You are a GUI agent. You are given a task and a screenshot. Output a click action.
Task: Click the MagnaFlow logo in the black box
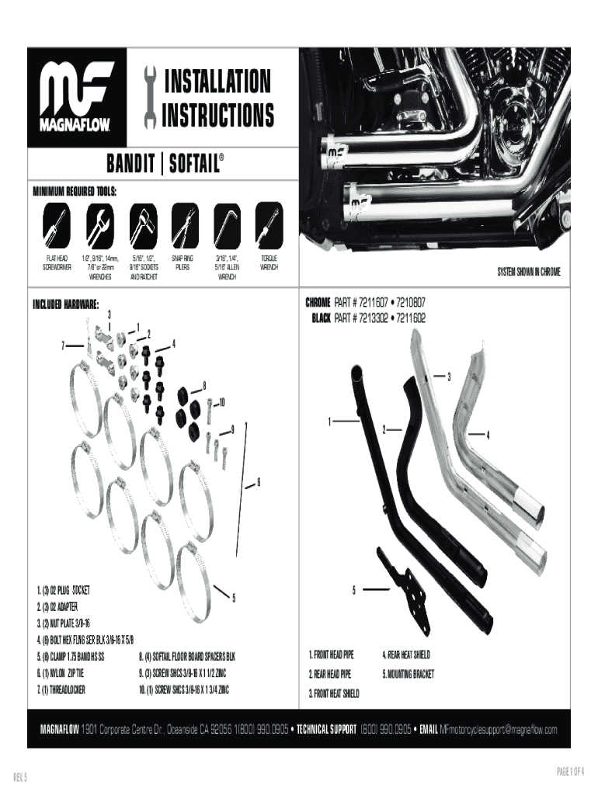point(78,96)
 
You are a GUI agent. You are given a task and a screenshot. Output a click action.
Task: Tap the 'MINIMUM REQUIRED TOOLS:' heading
point(75,188)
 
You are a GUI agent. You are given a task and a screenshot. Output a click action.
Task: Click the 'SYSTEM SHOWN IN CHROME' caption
point(528,271)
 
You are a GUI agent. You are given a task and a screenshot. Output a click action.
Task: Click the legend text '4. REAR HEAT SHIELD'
point(406,654)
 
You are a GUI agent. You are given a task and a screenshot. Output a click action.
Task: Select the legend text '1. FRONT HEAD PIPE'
point(332,654)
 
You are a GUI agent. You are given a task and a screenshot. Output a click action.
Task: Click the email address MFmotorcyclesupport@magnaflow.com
point(499,729)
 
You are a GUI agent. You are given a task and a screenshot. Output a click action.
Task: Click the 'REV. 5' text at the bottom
point(21,776)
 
